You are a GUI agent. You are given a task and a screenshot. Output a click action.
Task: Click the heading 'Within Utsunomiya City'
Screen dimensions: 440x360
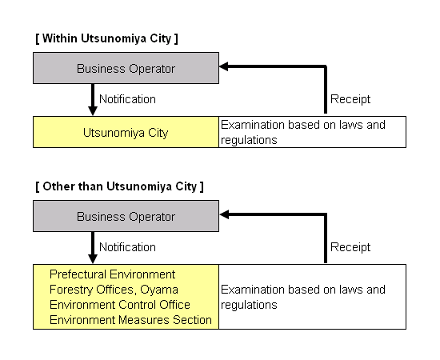pos(106,38)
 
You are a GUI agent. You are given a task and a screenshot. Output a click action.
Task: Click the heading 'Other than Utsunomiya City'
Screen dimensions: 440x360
pos(119,186)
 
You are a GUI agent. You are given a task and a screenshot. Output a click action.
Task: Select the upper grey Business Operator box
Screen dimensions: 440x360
pos(126,68)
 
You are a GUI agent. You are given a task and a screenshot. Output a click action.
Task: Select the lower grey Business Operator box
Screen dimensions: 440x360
pos(126,216)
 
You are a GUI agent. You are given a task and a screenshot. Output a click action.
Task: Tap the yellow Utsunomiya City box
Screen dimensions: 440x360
pos(126,132)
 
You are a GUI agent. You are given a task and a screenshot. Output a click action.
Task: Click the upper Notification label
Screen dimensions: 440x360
pos(127,99)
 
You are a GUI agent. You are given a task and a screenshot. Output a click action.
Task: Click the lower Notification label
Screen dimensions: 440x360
pos(127,247)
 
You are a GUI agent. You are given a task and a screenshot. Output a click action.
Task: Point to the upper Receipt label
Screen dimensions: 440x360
pos(350,100)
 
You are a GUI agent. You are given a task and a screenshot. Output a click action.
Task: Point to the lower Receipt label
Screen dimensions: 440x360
pos(350,248)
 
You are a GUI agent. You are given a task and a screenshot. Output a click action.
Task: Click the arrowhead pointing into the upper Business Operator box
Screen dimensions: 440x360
pos(224,66)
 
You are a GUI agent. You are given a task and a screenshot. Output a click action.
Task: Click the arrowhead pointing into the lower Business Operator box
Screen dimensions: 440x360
pos(224,214)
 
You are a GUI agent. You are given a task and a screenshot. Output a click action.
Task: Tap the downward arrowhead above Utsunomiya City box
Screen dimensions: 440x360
pos(93,111)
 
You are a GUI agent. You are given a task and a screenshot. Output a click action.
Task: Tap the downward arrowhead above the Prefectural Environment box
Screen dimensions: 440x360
pos(93,259)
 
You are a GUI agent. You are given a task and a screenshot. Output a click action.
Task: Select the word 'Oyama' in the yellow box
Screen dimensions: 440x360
pos(159,290)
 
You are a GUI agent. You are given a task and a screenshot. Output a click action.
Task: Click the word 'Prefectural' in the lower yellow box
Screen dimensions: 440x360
pos(78,274)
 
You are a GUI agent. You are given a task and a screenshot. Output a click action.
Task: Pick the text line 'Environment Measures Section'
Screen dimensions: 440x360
pos(130,320)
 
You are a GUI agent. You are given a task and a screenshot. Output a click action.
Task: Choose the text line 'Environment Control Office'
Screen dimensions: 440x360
pos(120,305)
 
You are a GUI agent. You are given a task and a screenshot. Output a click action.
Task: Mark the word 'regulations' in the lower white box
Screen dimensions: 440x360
pos(249,306)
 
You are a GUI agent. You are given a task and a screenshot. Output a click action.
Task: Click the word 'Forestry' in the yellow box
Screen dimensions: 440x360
pos(71,290)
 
